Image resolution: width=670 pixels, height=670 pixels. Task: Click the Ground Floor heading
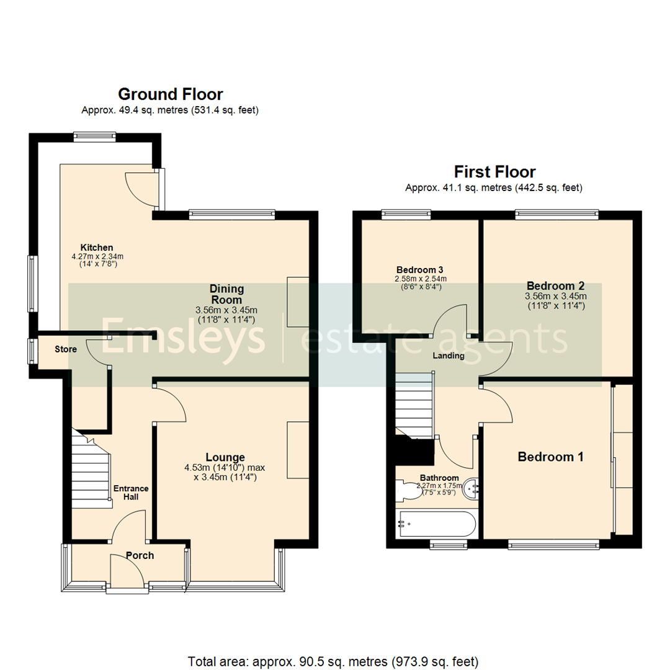click(x=170, y=94)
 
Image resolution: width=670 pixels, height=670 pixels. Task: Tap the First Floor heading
click(x=494, y=171)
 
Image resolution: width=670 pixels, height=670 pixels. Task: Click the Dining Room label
click(x=226, y=294)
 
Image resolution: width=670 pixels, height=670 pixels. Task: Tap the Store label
click(x=65, y=349)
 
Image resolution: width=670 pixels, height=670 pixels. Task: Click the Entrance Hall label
click(x=130, y=492)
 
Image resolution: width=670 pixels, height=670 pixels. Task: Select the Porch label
click(x=140, y=555)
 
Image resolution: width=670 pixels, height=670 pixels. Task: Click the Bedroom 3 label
click(x=419, y=270)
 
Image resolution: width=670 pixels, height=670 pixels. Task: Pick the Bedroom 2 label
click(x=555, y=286)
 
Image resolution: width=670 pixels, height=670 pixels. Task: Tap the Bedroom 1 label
click(x=550, y=457)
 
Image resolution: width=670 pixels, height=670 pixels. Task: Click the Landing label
click(x=449, y=355)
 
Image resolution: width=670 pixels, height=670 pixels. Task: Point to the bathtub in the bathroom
click(x=438, y=524)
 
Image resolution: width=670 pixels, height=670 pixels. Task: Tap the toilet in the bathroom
click(x=409, y=491)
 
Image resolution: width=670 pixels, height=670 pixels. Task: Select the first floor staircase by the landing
click(x=414, y=403)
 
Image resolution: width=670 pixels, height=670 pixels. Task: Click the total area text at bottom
click(x=333, y=661)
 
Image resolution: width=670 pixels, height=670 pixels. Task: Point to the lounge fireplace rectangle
click(x=298, y=450)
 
